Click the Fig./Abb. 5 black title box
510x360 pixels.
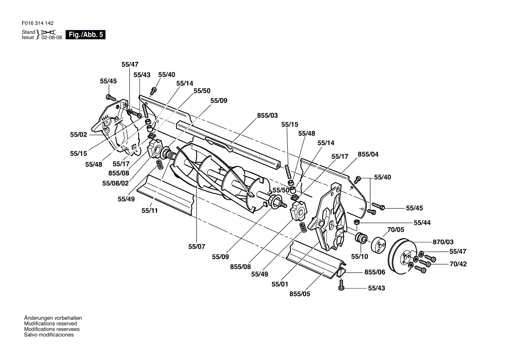click(86, 35)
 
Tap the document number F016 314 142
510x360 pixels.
click(38, 23)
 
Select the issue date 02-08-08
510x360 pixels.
click(52, 38)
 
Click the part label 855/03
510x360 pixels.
click(267, 115)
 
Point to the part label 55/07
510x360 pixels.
click(197, 247)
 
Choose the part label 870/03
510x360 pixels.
click(443, 242)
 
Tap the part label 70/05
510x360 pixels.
click(396, 230)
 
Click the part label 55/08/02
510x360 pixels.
click(115, 183)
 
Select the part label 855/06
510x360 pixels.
click(375, 272)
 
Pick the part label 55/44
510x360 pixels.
click(422, 223)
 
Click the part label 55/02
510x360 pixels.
click(79, 134)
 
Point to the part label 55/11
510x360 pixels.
click(150, 210)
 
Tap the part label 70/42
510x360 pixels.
click(458, 264)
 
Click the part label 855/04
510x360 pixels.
click(368, 154)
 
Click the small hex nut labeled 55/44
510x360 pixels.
click(356, 222)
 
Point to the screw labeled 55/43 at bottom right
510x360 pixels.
click(341, 285)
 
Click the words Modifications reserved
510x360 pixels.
click(50, 324)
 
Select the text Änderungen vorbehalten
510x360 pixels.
click(53, 318)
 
